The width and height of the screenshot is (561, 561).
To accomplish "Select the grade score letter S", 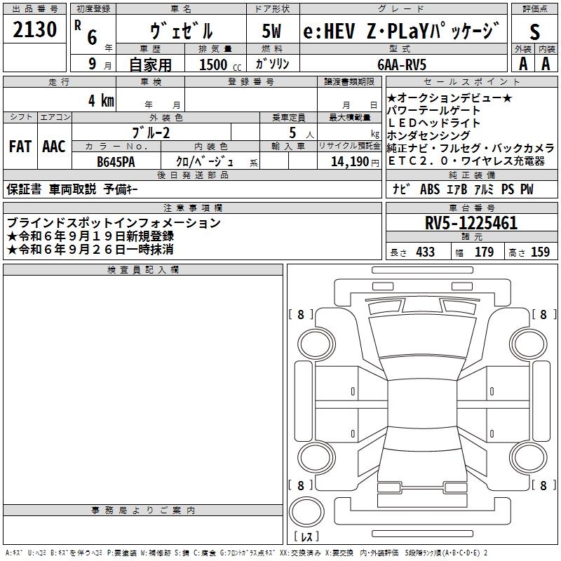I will coord(534,32).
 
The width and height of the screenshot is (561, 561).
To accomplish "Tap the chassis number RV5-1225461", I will coord(471,224).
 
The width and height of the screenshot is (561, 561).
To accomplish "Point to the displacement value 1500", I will coord(213,65).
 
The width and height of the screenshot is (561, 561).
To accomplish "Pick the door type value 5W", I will coord(273,32).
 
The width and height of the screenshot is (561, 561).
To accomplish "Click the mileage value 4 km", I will coord(101,100).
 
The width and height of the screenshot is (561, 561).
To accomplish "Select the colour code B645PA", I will coord(116,161).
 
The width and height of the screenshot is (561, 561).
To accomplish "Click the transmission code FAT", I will coord(20,147).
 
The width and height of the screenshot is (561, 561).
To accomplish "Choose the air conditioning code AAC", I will coord(54,147).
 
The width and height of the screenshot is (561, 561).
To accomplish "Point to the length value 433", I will coord(425,252).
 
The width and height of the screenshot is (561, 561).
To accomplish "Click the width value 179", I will coord(485,252).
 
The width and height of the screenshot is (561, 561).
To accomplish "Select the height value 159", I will coord(541,252).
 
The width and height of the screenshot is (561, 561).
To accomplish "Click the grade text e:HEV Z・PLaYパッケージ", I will coord(402,32).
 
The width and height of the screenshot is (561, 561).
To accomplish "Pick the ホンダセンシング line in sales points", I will coord(428,135).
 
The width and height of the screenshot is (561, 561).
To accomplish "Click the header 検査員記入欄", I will coord(143,269).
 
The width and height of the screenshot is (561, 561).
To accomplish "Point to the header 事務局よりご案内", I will coord(143,510).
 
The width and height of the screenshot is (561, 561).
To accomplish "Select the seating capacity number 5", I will coord(292,133).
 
